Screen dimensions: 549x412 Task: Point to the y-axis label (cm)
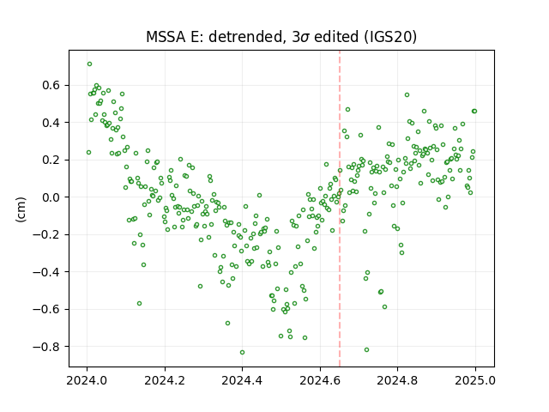coord(21,209)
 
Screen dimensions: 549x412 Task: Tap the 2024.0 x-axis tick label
coord(87,380)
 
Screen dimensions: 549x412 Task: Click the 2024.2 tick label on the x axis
coord(165,380)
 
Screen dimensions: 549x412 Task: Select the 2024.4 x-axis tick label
coord(242,380)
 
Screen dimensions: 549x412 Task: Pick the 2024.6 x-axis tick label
coord(320,380)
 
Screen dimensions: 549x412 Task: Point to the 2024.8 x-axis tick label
coord(397,380)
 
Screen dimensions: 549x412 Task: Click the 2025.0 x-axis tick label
coord(475,380)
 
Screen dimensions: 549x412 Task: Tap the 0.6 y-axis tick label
coord(51,85)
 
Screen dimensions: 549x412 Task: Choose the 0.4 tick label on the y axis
coord(51,123)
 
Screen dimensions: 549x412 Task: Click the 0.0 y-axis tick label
coord(51,197)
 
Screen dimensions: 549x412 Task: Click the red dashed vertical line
coord(340,209)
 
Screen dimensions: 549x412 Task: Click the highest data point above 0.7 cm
coord(89,64)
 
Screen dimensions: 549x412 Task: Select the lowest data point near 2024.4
coord(242,353)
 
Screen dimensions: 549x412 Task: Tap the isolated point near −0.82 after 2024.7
coord(366,349)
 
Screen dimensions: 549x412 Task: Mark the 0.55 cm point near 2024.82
coord(407,95)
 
